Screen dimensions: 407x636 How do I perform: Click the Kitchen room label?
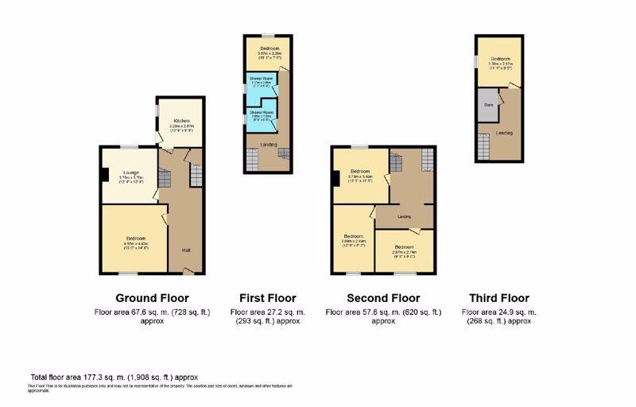coord(182,121)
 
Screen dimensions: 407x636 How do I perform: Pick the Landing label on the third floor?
coord(504,133)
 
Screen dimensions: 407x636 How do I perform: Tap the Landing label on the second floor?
coord(404,216)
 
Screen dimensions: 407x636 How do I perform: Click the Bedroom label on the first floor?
coord(270,49)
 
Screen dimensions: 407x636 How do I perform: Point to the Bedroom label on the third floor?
coord(500,59)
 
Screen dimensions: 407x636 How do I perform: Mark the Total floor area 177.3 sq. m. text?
coord(114,377)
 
